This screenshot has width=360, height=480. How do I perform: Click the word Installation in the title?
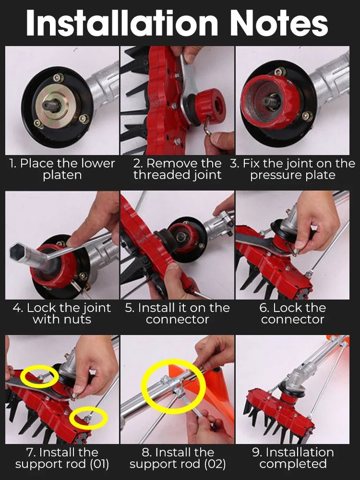pyautogui.click(x=122, y=24)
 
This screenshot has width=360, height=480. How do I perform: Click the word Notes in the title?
pyautogui.click(x=279, y=24)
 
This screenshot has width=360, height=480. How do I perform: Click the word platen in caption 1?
pyautogui.click(x=62, y=175)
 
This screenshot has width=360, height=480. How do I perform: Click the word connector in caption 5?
pyautogui.click(x=177, y=320)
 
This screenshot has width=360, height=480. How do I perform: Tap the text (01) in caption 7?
pyautogui.click(x=99, y=464)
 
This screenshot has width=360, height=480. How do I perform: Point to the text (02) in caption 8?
pyautogui.click(x=216, y=464)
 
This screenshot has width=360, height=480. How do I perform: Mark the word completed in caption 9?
pyautogui.click(x=293, y=464)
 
